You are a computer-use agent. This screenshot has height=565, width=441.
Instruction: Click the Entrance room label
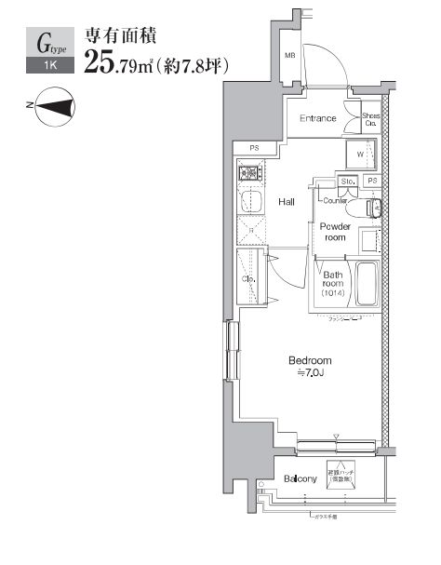(x=317, y=118)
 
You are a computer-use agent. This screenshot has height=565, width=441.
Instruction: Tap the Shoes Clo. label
(x=369, y=118)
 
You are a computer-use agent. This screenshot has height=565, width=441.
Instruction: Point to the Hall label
(x=287, y=200)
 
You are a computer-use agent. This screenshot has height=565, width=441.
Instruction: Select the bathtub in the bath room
(x=365, y=284)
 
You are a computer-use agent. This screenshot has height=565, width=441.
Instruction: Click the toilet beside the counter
(x=372, y=207)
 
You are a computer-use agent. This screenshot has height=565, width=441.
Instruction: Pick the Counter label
(x=336, y=200)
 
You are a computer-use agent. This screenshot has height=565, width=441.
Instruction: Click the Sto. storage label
(x=349, y=181)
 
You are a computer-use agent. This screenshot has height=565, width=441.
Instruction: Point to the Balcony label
(x=301, y=479)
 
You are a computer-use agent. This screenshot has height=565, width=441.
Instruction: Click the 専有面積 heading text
(x=120, y=37)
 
